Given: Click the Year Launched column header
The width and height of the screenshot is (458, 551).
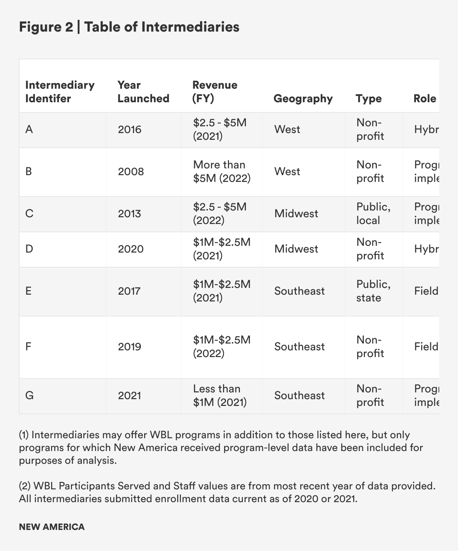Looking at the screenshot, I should point(143,92).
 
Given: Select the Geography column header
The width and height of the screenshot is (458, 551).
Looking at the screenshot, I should point(303,98).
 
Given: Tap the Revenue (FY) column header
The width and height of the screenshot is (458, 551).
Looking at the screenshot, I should point(215,92).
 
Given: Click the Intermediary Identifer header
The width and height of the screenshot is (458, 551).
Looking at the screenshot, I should point(60,92).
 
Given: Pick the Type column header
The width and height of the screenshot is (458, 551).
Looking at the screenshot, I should point(369,98).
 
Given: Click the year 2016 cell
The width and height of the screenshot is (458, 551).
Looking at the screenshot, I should point(130,130).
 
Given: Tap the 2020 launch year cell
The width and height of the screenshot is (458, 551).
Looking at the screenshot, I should point(131,249).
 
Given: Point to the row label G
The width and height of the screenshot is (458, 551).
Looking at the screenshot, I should point(29,396).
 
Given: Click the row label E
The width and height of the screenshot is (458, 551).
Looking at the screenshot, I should point(29,291).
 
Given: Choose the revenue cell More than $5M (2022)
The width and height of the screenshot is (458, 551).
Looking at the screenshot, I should point(221,172).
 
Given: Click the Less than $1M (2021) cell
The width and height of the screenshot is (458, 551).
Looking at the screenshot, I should point(220,396).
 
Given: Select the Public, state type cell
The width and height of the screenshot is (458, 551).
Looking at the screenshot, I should point(373,291).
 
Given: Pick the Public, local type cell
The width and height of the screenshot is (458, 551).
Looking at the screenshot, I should point(373,214).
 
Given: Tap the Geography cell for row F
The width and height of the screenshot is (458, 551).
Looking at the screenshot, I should point(299,347).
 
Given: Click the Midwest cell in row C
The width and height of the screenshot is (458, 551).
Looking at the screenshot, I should point(296,214).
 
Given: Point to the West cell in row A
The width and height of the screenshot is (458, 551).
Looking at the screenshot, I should point(287,130).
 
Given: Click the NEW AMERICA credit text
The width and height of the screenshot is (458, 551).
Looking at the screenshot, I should point(52,527).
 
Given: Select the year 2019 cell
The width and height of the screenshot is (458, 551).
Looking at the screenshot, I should point(130,347).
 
